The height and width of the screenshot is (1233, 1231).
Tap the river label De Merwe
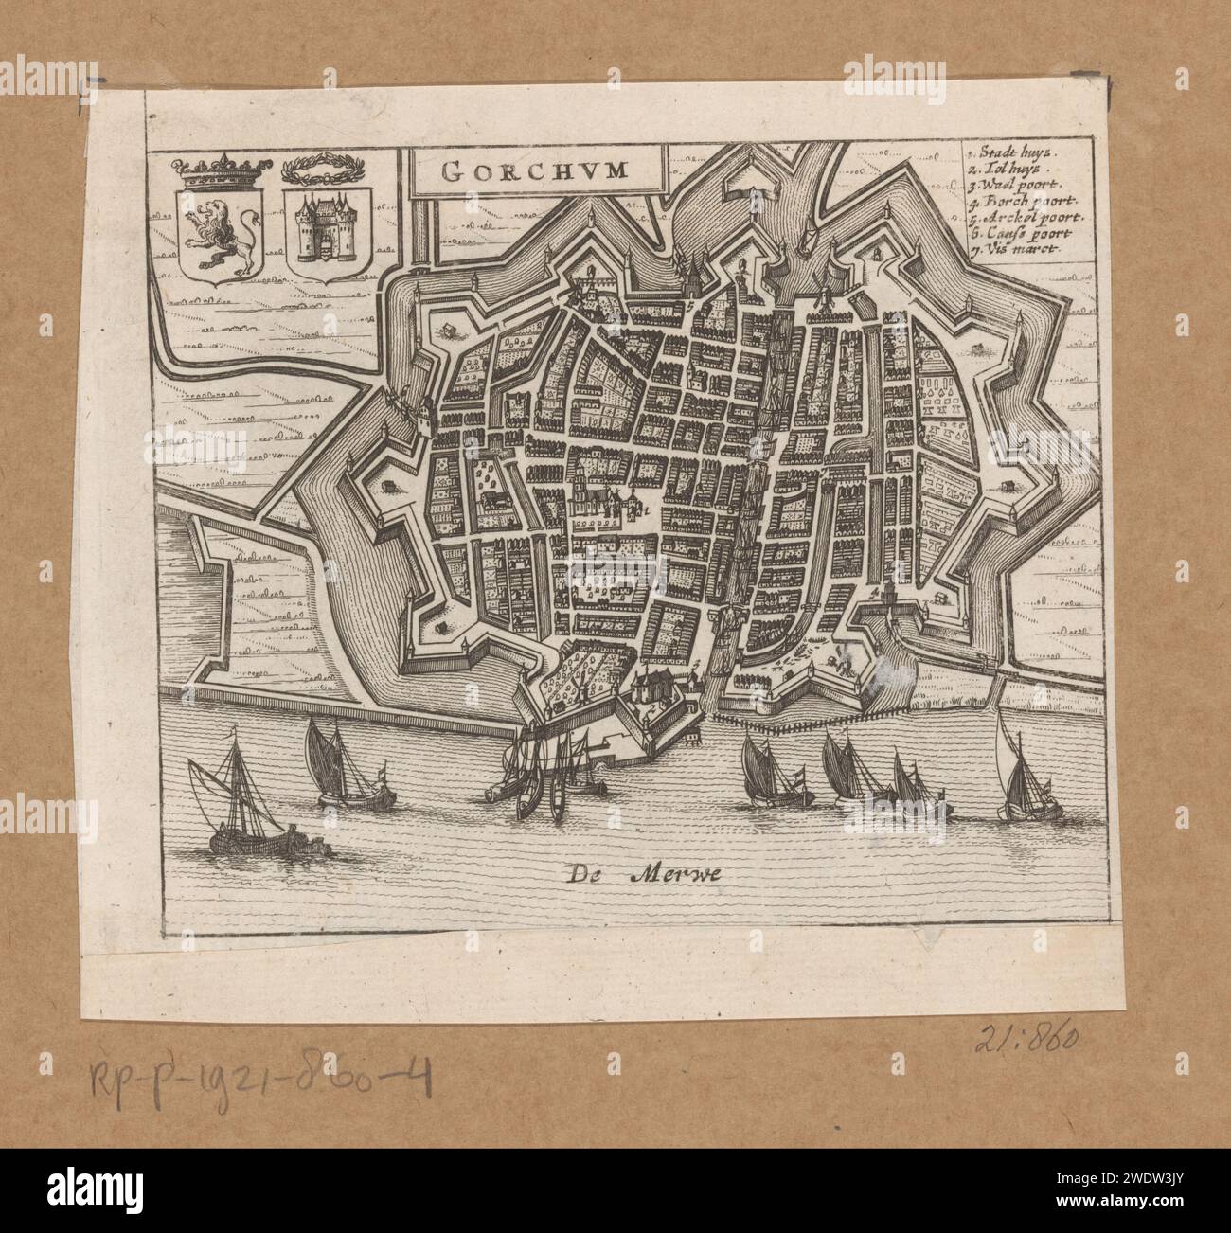(x=647, y=874)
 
